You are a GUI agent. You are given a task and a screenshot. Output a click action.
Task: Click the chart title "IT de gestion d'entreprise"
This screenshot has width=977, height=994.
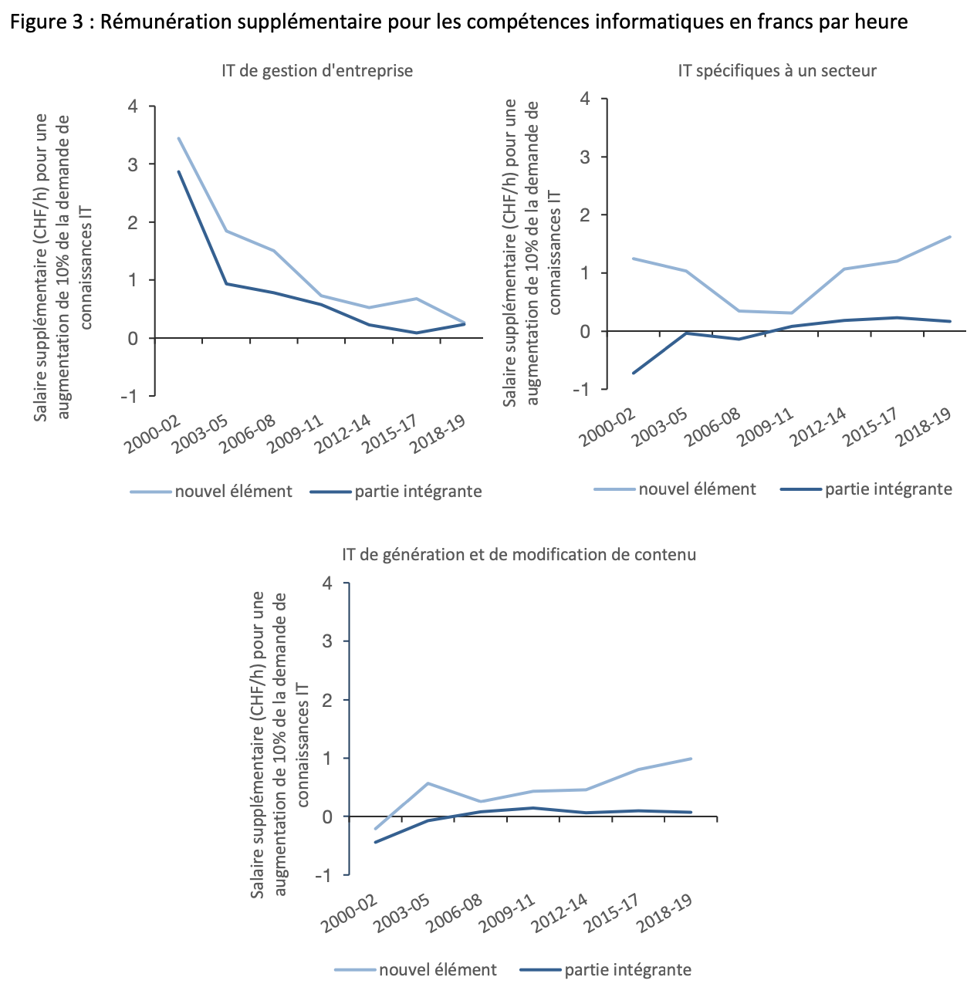pos(317,71)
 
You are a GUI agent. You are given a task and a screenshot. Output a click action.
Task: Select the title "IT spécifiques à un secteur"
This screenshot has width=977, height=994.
pos(777,71)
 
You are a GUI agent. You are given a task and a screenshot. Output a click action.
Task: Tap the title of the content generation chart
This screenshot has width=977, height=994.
pos(519,555)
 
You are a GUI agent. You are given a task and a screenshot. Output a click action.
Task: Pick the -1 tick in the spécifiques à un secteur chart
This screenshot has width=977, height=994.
pos(585,389)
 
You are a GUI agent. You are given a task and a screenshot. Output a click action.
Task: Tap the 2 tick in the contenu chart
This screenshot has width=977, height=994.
pos(327,700)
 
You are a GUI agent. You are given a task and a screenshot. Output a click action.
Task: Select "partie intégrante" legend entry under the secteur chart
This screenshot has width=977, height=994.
pos(888,489)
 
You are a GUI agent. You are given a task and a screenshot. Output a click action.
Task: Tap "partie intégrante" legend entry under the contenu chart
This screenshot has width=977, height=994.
pos(627,970)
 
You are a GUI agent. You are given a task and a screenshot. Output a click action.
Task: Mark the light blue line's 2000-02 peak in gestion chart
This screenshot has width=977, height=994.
pos(179,138)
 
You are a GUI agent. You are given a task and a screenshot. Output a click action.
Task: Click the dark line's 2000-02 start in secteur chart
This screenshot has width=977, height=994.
pos(634,373)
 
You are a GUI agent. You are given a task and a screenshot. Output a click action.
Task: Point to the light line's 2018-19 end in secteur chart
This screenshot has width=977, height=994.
pos(949,237)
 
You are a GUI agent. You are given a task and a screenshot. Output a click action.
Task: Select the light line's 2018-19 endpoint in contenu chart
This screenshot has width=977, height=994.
pos(691,759)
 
